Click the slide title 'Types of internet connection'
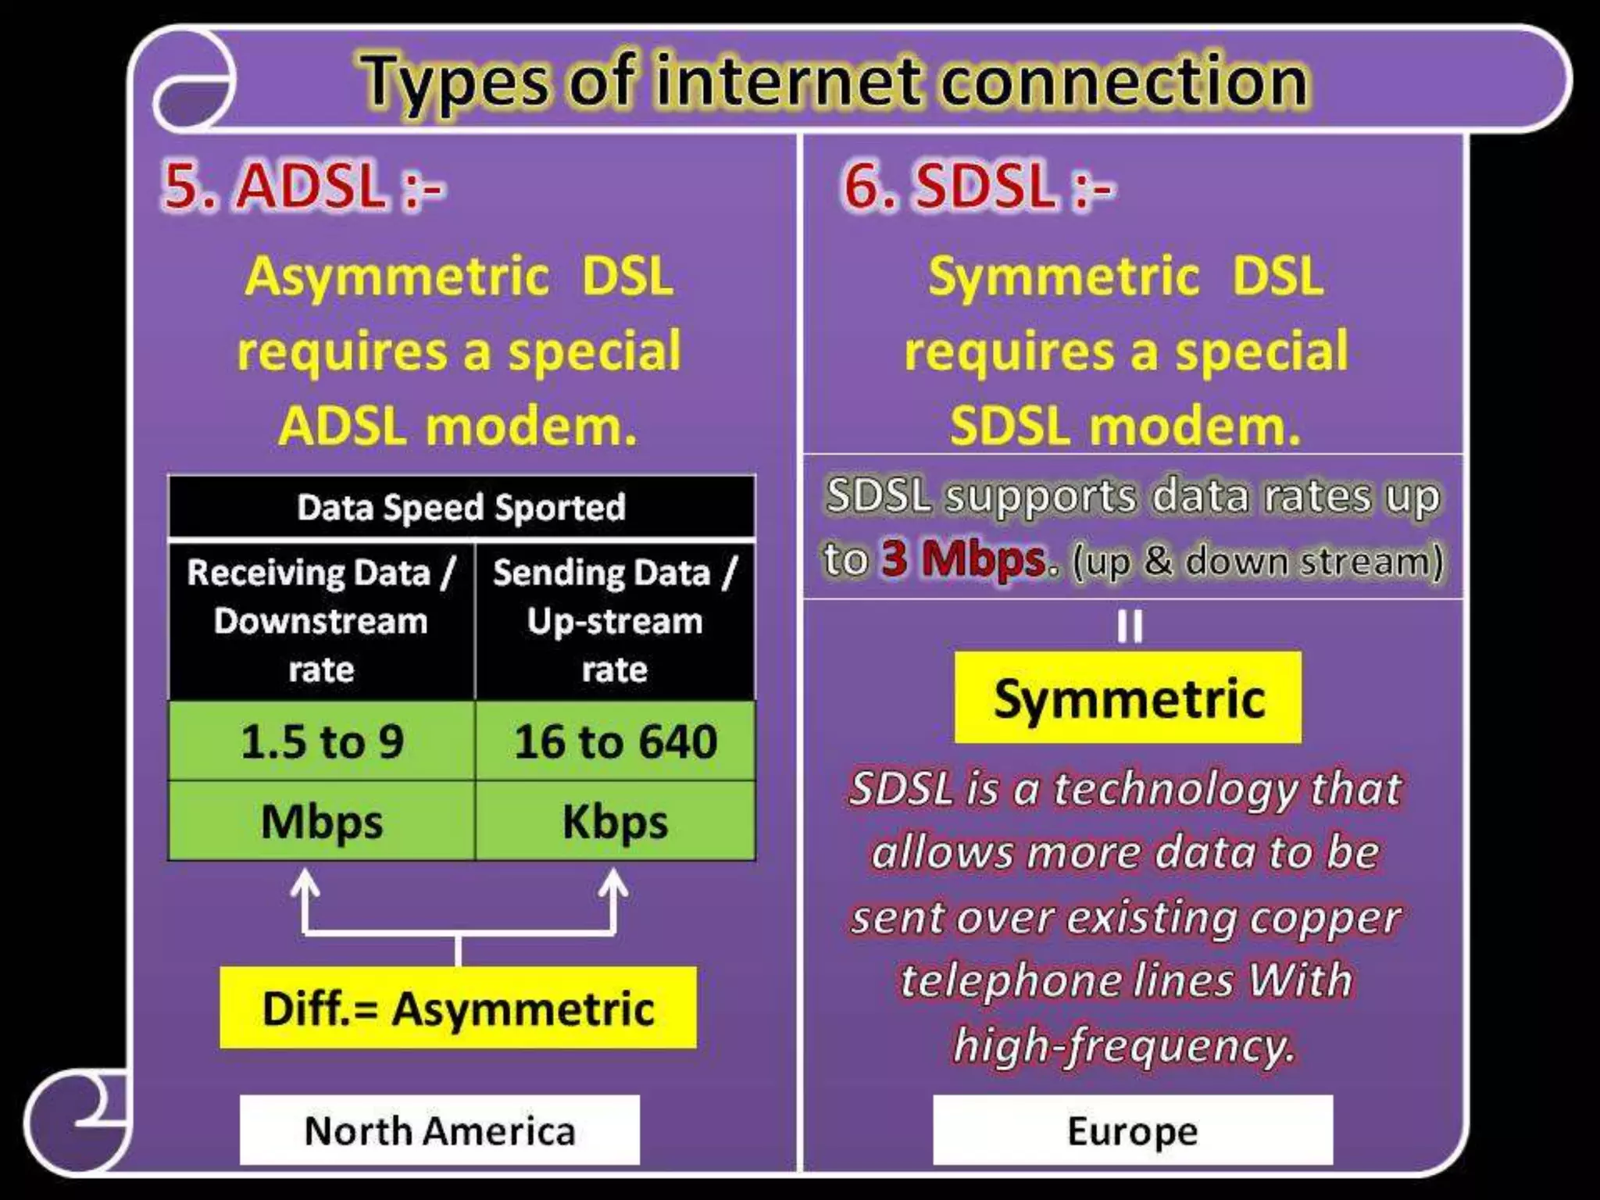point(834,82)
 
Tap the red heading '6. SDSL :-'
point(978,187)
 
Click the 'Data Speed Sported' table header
point(461,508)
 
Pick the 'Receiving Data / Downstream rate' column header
point(321,621)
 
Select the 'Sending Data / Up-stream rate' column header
point(615,621)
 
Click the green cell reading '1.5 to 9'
point(321,741)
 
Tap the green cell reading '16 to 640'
point(615,741)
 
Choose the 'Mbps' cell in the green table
point(321,822)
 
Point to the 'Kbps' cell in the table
point(615,822)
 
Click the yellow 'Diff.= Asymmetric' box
point(458,1008)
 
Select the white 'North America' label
point(439,1130)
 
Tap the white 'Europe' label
point(1132,1130)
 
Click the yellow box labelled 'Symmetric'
point(1128,698)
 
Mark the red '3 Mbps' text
point(964,559)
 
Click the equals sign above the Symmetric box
point(1129,626)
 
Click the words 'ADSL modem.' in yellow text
point(458,427)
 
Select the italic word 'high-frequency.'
point(1123,1045)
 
